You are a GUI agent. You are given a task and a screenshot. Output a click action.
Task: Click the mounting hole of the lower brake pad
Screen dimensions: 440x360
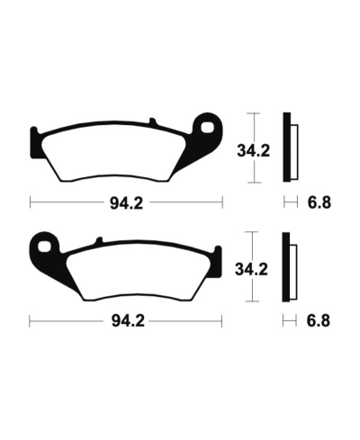pos(41,244)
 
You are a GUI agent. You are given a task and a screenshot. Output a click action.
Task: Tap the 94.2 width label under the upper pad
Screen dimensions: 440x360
pos(127,202)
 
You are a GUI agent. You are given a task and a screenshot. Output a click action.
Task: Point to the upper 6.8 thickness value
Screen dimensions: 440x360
pos(318,202)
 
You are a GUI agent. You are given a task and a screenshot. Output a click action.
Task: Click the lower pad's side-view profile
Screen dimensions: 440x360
pos(288,267)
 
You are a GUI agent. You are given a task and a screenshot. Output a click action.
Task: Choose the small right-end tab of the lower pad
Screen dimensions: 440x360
pos(217,255)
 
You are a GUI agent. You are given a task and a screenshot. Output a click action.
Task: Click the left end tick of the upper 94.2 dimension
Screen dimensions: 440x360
pos(31,202)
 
